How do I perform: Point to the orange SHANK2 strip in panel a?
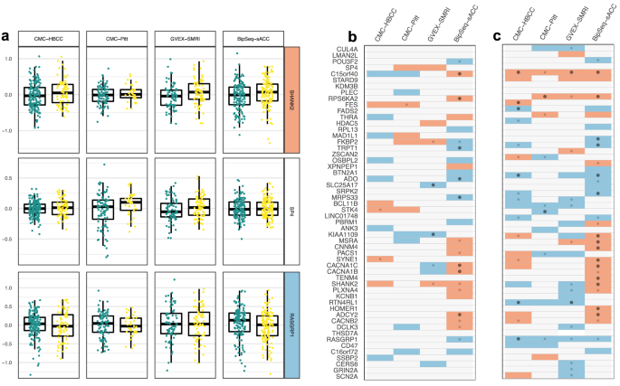point(292,95)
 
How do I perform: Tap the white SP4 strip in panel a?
point(292,211)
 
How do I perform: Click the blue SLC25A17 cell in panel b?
point(434,185)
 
